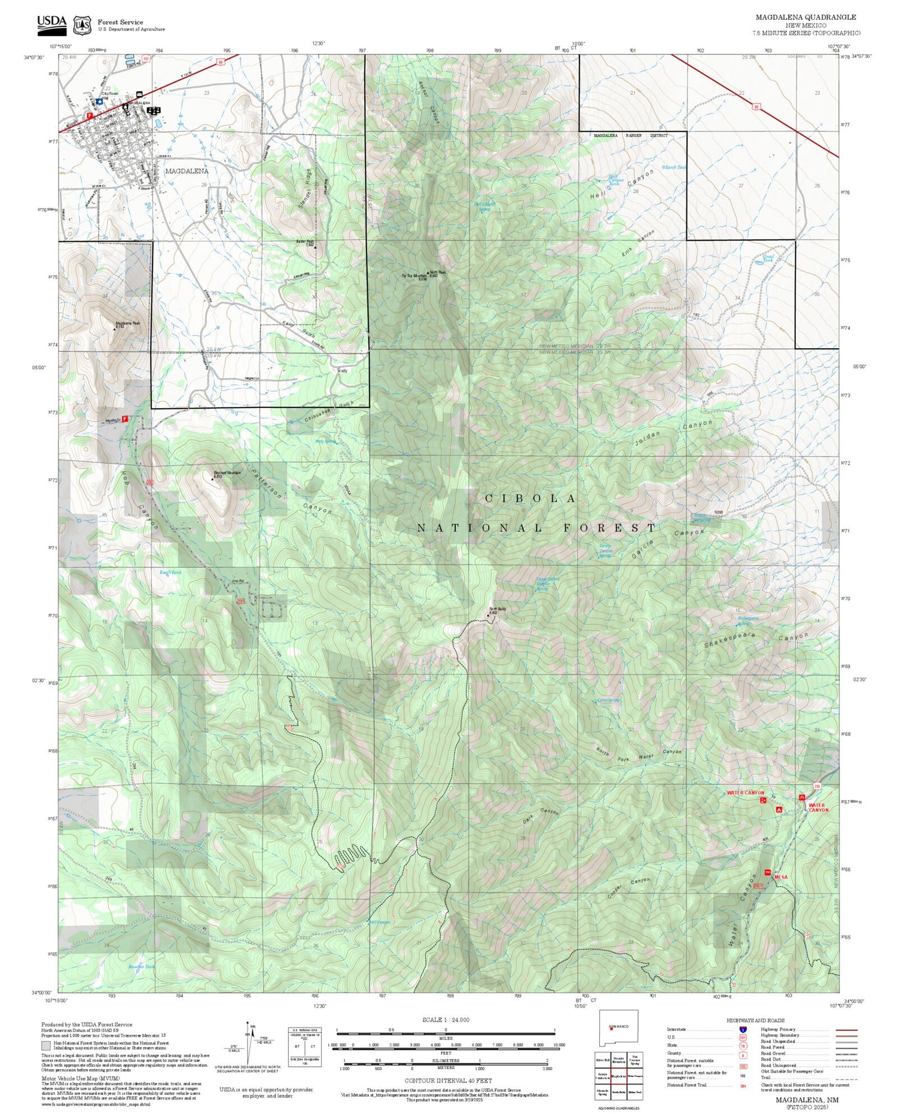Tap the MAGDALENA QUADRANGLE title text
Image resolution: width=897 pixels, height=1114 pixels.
(x=806, y=17)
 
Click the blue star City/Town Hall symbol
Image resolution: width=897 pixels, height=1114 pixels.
(x=99, y=102)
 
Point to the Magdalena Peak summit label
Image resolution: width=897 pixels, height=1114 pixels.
(x=127, y=323)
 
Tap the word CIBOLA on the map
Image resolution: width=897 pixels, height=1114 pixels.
(x=530, y=498)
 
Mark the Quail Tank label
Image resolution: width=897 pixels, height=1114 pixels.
(x=768, y=258)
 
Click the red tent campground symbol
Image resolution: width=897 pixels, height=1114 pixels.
(x=779, y=809)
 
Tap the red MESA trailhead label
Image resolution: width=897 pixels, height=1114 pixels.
(x=781, y=877)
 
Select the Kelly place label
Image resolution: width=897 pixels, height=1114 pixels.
(x=343, y=371)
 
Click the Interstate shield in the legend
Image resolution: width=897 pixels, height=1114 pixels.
(x=743, y=1030)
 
